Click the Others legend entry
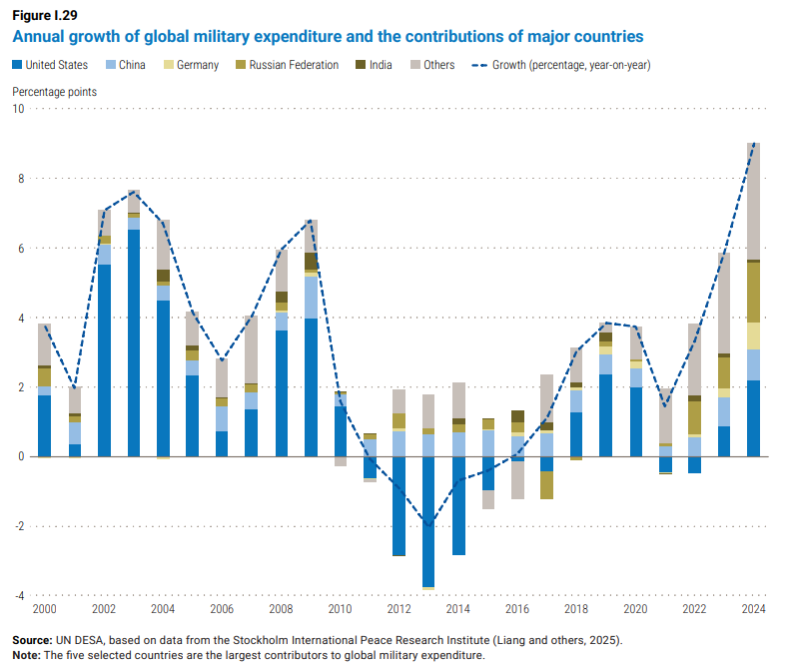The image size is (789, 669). pyautogui.click(x=431, y=65)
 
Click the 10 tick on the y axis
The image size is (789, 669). pyautogui.click(x=18, y=108)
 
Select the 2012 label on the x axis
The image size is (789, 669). pyautogui.click(x=399, y=610)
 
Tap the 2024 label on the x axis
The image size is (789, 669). pyautogui.click(x=754, y=610)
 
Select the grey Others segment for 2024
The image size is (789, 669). pyautogui.click(x=754, y=201)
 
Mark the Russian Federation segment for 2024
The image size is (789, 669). pyautogui.click(x=754, y=292)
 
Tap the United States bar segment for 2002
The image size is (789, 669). pyautogui.click(x=104, y=360)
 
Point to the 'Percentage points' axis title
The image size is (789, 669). pyautogui.click(x=54, y=91)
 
